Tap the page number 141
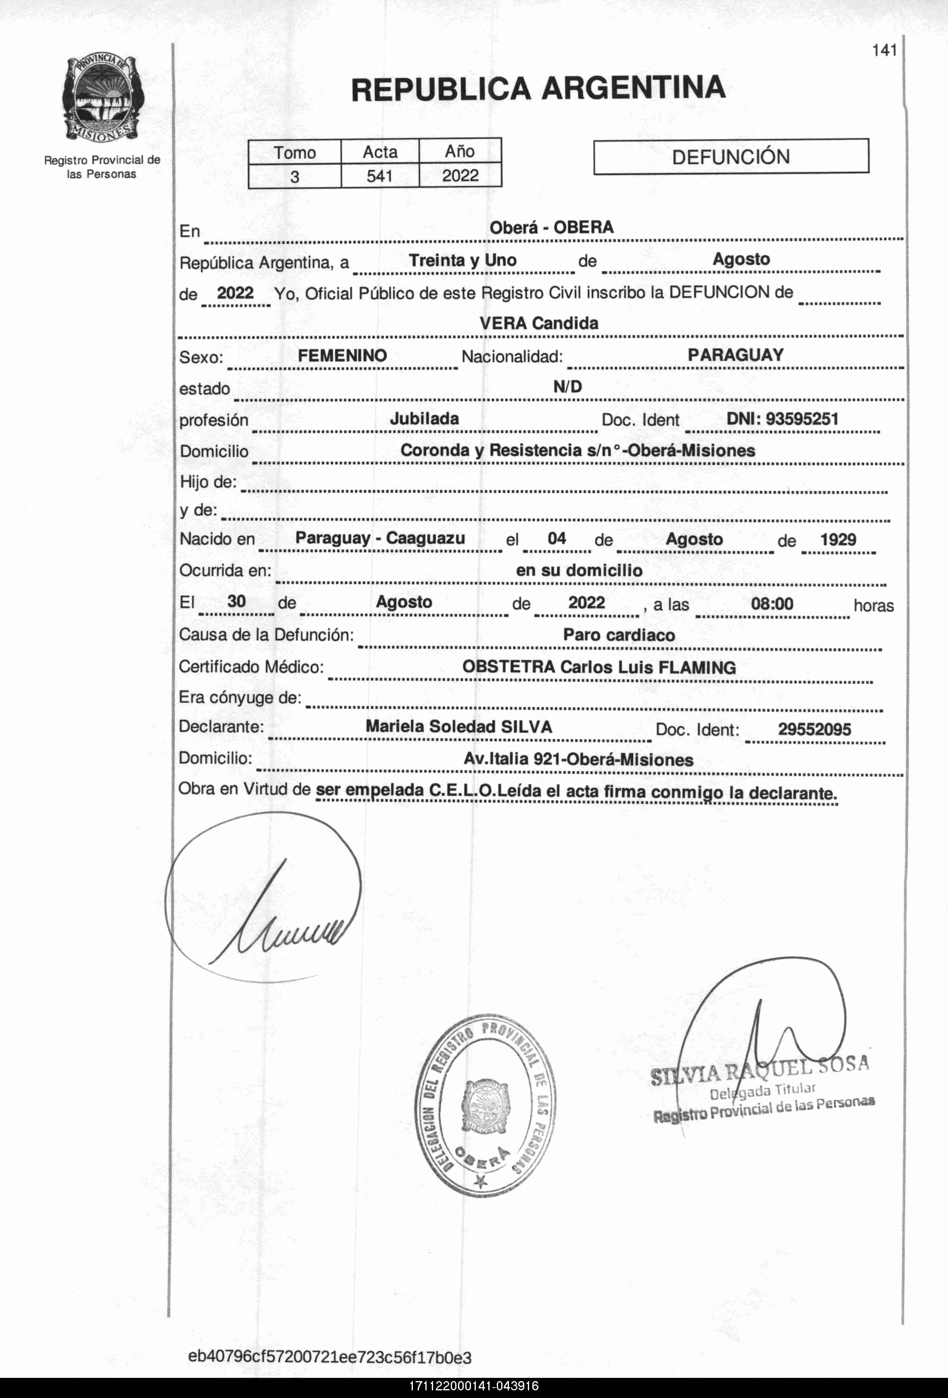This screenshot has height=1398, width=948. tap(884, 50)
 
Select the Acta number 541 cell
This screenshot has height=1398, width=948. tap(379, 176)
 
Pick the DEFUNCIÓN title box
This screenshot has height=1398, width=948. tap(731, 157)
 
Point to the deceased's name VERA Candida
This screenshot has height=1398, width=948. tap(539, 323)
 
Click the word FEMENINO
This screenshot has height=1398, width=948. tap(342, 356)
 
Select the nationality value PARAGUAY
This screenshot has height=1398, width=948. tap(736, 355)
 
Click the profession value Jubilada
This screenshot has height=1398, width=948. tap(424, 419)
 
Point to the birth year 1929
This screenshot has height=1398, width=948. tap(838, 539)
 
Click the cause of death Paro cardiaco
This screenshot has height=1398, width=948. tap(619, 635)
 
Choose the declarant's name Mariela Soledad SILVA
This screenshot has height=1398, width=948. tap(458, 727)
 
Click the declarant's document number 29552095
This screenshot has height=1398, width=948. tap(814, 730)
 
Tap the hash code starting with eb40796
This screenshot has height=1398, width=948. tap(330, 1358)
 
